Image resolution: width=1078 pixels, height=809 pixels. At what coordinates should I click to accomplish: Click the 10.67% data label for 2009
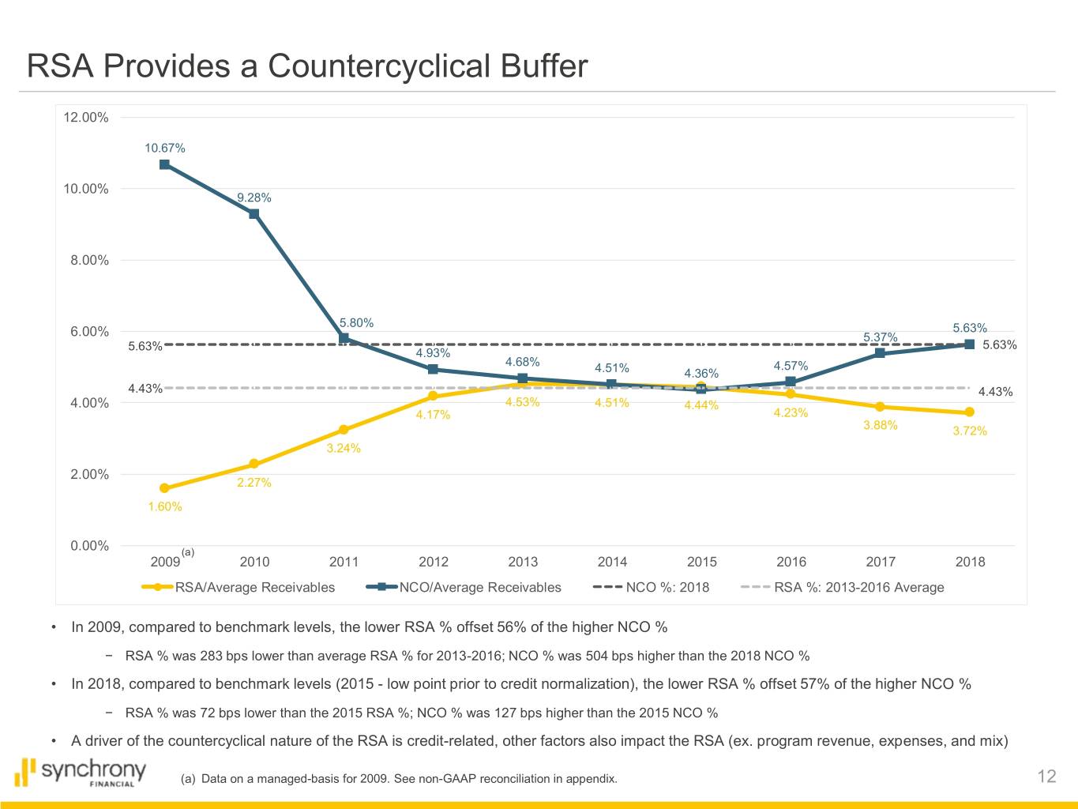(x=164, y=148)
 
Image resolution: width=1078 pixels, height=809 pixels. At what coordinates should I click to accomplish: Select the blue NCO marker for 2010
(x=254, y=213)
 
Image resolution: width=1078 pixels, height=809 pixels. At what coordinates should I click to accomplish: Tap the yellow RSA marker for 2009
(x=164, y=488)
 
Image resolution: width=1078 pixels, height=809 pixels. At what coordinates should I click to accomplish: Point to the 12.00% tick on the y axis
(x=85, y=118)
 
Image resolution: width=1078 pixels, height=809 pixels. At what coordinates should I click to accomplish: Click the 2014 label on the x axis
(x=612, y=562)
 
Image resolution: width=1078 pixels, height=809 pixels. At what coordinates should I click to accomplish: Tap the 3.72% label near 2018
(x=970, y=431)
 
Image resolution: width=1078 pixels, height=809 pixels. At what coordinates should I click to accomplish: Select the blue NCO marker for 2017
(x=880, y=353)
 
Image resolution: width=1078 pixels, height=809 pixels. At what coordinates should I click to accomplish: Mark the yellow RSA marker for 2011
(x=344, y=430)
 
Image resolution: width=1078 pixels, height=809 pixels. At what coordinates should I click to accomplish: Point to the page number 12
(x=1046, y=777)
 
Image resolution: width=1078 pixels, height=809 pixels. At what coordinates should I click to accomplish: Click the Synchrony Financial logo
(x=81, y=773)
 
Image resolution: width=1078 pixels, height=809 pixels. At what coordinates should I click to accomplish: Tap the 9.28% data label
(x=254, y=198)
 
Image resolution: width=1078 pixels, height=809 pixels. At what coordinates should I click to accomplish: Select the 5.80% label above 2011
(x=356, y=322)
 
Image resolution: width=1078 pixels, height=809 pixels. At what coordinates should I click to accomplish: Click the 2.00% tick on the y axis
(x=89, y=474)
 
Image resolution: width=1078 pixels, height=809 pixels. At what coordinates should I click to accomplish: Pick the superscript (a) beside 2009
(x=187, y=551)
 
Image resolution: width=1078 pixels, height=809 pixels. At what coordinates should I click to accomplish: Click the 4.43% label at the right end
(x=995, y=392)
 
